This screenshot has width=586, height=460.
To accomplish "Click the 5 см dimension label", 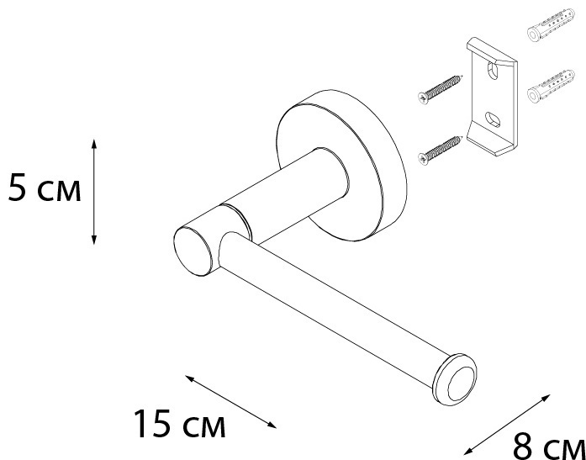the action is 45,189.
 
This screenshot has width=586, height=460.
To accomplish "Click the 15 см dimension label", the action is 180,424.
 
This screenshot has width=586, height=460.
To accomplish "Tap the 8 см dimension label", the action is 549,447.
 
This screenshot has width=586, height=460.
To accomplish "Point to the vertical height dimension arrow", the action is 94,192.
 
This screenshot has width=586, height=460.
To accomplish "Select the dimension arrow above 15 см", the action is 230,402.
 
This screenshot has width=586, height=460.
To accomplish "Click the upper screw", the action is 441,90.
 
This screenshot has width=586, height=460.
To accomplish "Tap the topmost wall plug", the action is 551,24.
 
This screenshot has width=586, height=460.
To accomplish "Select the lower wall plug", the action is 551,86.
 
